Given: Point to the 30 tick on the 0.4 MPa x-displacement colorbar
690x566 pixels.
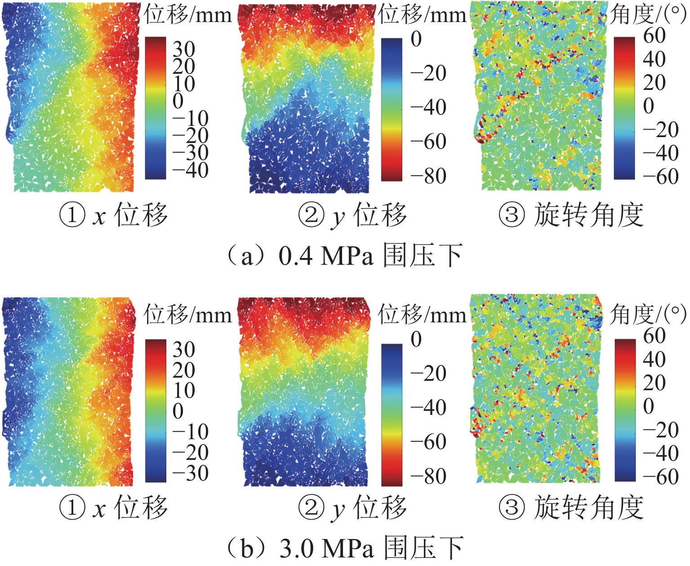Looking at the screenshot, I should click(184, 49).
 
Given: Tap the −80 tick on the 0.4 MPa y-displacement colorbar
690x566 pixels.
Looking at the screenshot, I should click(428, 176).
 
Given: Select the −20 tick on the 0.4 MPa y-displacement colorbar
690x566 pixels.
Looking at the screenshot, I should click(428, 73).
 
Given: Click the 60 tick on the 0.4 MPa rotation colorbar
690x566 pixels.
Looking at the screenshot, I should click(654, 36).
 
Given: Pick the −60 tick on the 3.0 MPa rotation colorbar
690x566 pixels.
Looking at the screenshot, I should click(660, 477).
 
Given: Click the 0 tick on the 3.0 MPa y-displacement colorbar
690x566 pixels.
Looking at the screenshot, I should click(416, 339).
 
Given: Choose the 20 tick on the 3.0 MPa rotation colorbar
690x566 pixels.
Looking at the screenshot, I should click(654, 383).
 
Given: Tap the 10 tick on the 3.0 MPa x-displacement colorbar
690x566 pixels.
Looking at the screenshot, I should click(184, 390).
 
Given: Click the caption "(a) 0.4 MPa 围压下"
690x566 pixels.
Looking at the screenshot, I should click(345, 256).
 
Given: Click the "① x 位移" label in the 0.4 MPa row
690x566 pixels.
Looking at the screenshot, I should click(114, 215).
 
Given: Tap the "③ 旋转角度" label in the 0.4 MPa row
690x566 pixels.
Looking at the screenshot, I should click(571, 215).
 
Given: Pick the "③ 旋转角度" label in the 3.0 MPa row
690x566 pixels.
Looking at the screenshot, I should click(571, 507).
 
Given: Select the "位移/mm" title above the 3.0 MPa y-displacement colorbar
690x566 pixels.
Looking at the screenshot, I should click(422, 315).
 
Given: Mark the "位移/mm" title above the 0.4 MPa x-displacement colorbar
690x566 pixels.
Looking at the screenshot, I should click(188, 15).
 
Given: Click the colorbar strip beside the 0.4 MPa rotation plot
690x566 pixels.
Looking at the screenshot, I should click(624, 108).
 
